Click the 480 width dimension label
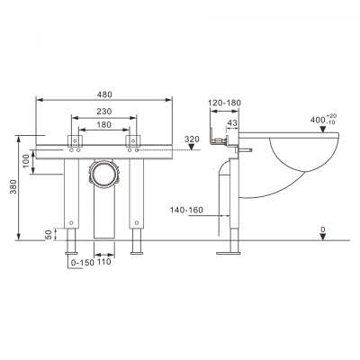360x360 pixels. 104,94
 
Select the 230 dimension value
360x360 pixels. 104,112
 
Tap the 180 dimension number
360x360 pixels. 104,124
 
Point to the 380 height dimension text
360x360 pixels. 13,186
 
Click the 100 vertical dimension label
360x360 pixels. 26,161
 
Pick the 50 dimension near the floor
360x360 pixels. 49,235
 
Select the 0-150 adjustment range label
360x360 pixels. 82,263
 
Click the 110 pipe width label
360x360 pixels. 103,262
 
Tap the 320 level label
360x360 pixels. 192,139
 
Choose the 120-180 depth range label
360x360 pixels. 225,103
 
